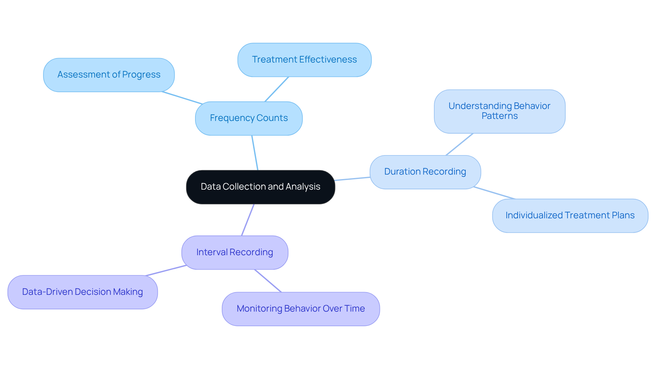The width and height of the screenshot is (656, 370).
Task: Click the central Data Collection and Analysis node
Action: (x=260, y=187)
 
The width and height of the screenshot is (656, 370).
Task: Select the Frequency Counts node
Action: (x=249, y=118)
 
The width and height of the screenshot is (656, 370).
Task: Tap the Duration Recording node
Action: (x=425, y=172)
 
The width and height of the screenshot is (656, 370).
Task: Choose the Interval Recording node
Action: (x=235, y=252)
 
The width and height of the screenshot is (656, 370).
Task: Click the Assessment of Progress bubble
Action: (x=109, y=75)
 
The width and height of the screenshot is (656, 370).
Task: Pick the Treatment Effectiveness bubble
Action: (x=304, y=60)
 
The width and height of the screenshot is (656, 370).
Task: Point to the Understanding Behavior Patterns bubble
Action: (x=499, y=111)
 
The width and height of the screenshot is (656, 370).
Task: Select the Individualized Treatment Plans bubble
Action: (x=570, y=216)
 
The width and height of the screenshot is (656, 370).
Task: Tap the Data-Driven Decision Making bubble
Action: (x=82, y=292)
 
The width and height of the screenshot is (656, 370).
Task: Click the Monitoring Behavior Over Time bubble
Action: (x=301, y=309)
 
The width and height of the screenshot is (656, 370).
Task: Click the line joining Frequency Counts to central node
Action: (x=255, y=153)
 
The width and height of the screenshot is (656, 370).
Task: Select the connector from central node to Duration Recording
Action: (x=352, y=179)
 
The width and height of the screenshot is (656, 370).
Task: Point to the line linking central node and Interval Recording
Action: (x=248, y=220)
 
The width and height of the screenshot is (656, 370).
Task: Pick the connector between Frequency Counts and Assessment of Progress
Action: (x=182, y=97)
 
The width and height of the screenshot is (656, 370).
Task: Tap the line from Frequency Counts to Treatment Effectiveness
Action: (x=277, y=89)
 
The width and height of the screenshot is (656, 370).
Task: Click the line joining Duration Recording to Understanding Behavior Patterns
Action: (x=460, y=144)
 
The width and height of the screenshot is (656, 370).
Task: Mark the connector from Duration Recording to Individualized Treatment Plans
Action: (x=494, y=193)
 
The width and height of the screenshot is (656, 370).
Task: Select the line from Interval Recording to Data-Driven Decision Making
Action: (x=166, y=270)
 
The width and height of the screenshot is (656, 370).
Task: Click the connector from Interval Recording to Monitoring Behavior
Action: (x=268, y=281)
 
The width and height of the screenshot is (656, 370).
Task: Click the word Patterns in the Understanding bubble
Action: (x=500, y=116)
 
